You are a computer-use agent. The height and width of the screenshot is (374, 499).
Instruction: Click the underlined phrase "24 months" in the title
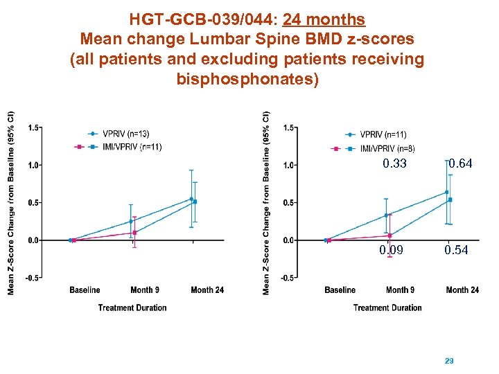tap(324, 19)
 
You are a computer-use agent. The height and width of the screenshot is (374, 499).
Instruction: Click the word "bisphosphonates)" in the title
tap(248, 79)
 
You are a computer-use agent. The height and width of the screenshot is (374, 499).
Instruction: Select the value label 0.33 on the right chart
tap(395, 164)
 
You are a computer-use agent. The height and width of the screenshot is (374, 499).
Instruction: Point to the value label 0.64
tap(460, 164)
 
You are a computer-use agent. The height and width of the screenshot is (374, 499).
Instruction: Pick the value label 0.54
tap(457, 250)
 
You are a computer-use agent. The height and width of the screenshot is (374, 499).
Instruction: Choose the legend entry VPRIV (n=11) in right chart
tap(383, 134)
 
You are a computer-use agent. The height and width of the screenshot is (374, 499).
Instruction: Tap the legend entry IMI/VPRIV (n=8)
tap(387, 148)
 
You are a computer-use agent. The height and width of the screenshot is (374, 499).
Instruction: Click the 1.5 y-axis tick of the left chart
tap(34, 127)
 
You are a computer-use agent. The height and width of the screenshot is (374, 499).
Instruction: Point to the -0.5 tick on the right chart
tap(288, 278)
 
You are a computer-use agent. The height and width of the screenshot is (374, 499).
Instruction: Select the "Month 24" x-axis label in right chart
tap(462, 290)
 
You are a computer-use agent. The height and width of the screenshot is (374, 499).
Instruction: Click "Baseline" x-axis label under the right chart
tap(340, 290)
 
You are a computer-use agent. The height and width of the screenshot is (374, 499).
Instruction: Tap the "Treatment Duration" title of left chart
tap(132, 308)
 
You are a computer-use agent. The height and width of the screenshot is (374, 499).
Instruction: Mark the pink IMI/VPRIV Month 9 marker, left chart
tap(134, 233)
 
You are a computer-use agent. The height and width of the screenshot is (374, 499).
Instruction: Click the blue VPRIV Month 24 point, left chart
tap(191, 199)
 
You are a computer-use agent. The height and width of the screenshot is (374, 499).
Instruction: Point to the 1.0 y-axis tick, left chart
tap(34, 165)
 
